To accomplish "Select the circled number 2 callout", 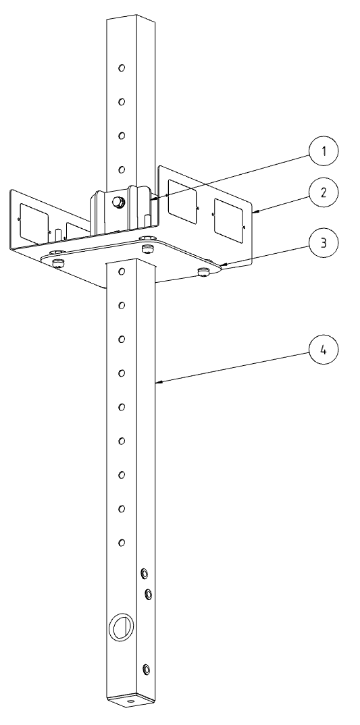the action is (324, 192).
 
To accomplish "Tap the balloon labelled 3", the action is (324, 243).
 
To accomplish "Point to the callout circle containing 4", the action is (324, 350).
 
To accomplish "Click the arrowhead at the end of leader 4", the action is (158, 382).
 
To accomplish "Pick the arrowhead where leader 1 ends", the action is (152, 199).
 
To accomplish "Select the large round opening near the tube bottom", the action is (121, 627).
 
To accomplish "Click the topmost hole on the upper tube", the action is (121, 68).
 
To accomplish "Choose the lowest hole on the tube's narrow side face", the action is (146, 668).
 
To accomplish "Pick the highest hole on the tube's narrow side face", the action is (144, 574).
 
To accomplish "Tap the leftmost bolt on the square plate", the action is (58, 263).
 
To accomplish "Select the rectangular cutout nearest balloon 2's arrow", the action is (228, 220).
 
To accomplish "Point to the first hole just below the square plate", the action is (121, 271).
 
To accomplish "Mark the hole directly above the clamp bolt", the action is (121, 170).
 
